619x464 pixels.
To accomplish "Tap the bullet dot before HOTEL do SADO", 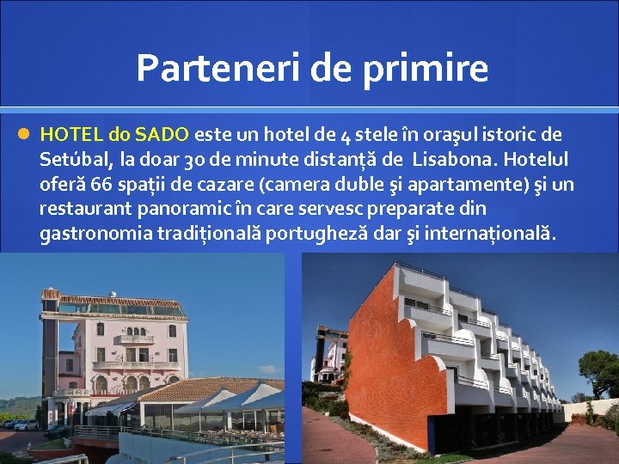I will click(24, 134).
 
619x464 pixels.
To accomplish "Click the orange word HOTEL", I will click(71, 134).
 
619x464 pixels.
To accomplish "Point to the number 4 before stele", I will click(345, 135).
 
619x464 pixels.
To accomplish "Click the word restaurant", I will click(83, 209).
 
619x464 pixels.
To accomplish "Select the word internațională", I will click(487, 234).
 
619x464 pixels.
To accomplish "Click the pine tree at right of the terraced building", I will click(598, 369).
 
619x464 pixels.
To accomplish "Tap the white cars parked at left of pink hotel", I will click(24, 424).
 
